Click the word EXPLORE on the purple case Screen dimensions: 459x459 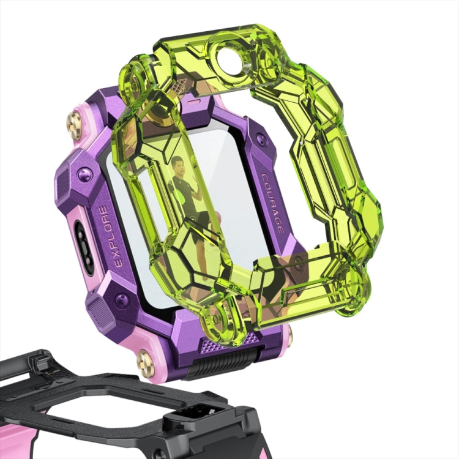pos(110,236)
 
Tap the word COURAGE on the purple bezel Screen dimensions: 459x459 pos(272,203)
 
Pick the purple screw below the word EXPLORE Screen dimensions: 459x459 pos(120,299)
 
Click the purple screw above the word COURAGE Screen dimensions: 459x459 pos(259,138)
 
